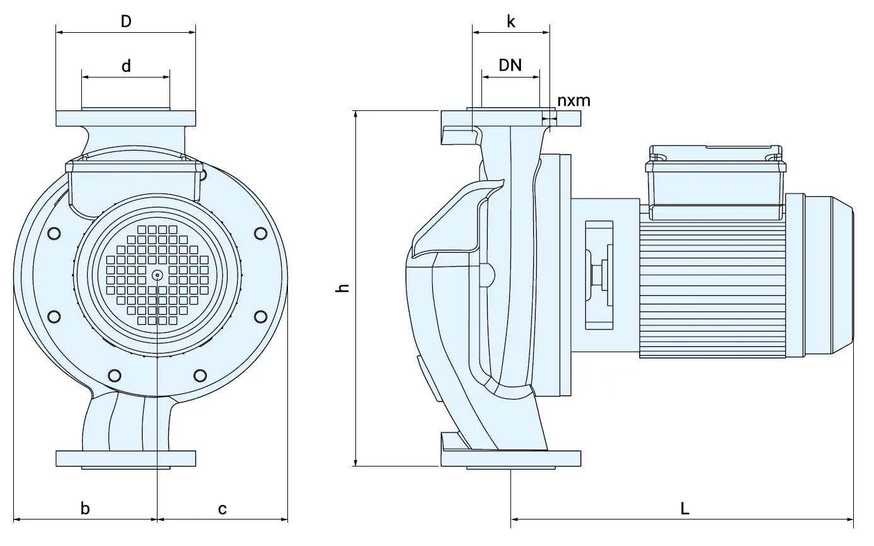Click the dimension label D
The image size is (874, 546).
[x=126, y=21]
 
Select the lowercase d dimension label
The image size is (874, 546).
[x=126, y=66]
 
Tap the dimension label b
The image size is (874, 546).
[x=86, y=508]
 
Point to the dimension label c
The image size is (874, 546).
[x=222, y=508]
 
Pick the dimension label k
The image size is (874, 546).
[x=511, y=22]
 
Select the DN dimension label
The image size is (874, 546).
[x=510, y=65]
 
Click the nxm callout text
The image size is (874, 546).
[x=573, y=100]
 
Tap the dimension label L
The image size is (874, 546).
[x=685, y=508]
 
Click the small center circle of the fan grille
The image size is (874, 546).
[x=157, y=274]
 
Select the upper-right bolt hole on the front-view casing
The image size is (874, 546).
[x=260, y=233]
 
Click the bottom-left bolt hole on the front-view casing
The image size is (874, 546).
[x=114, y=376]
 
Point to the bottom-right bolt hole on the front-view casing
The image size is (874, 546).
[x=200, y=376]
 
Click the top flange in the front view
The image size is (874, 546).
[x=126, y=119]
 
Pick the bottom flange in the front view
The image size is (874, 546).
[x=126, y=458]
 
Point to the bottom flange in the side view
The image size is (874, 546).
[x=510, y=459]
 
